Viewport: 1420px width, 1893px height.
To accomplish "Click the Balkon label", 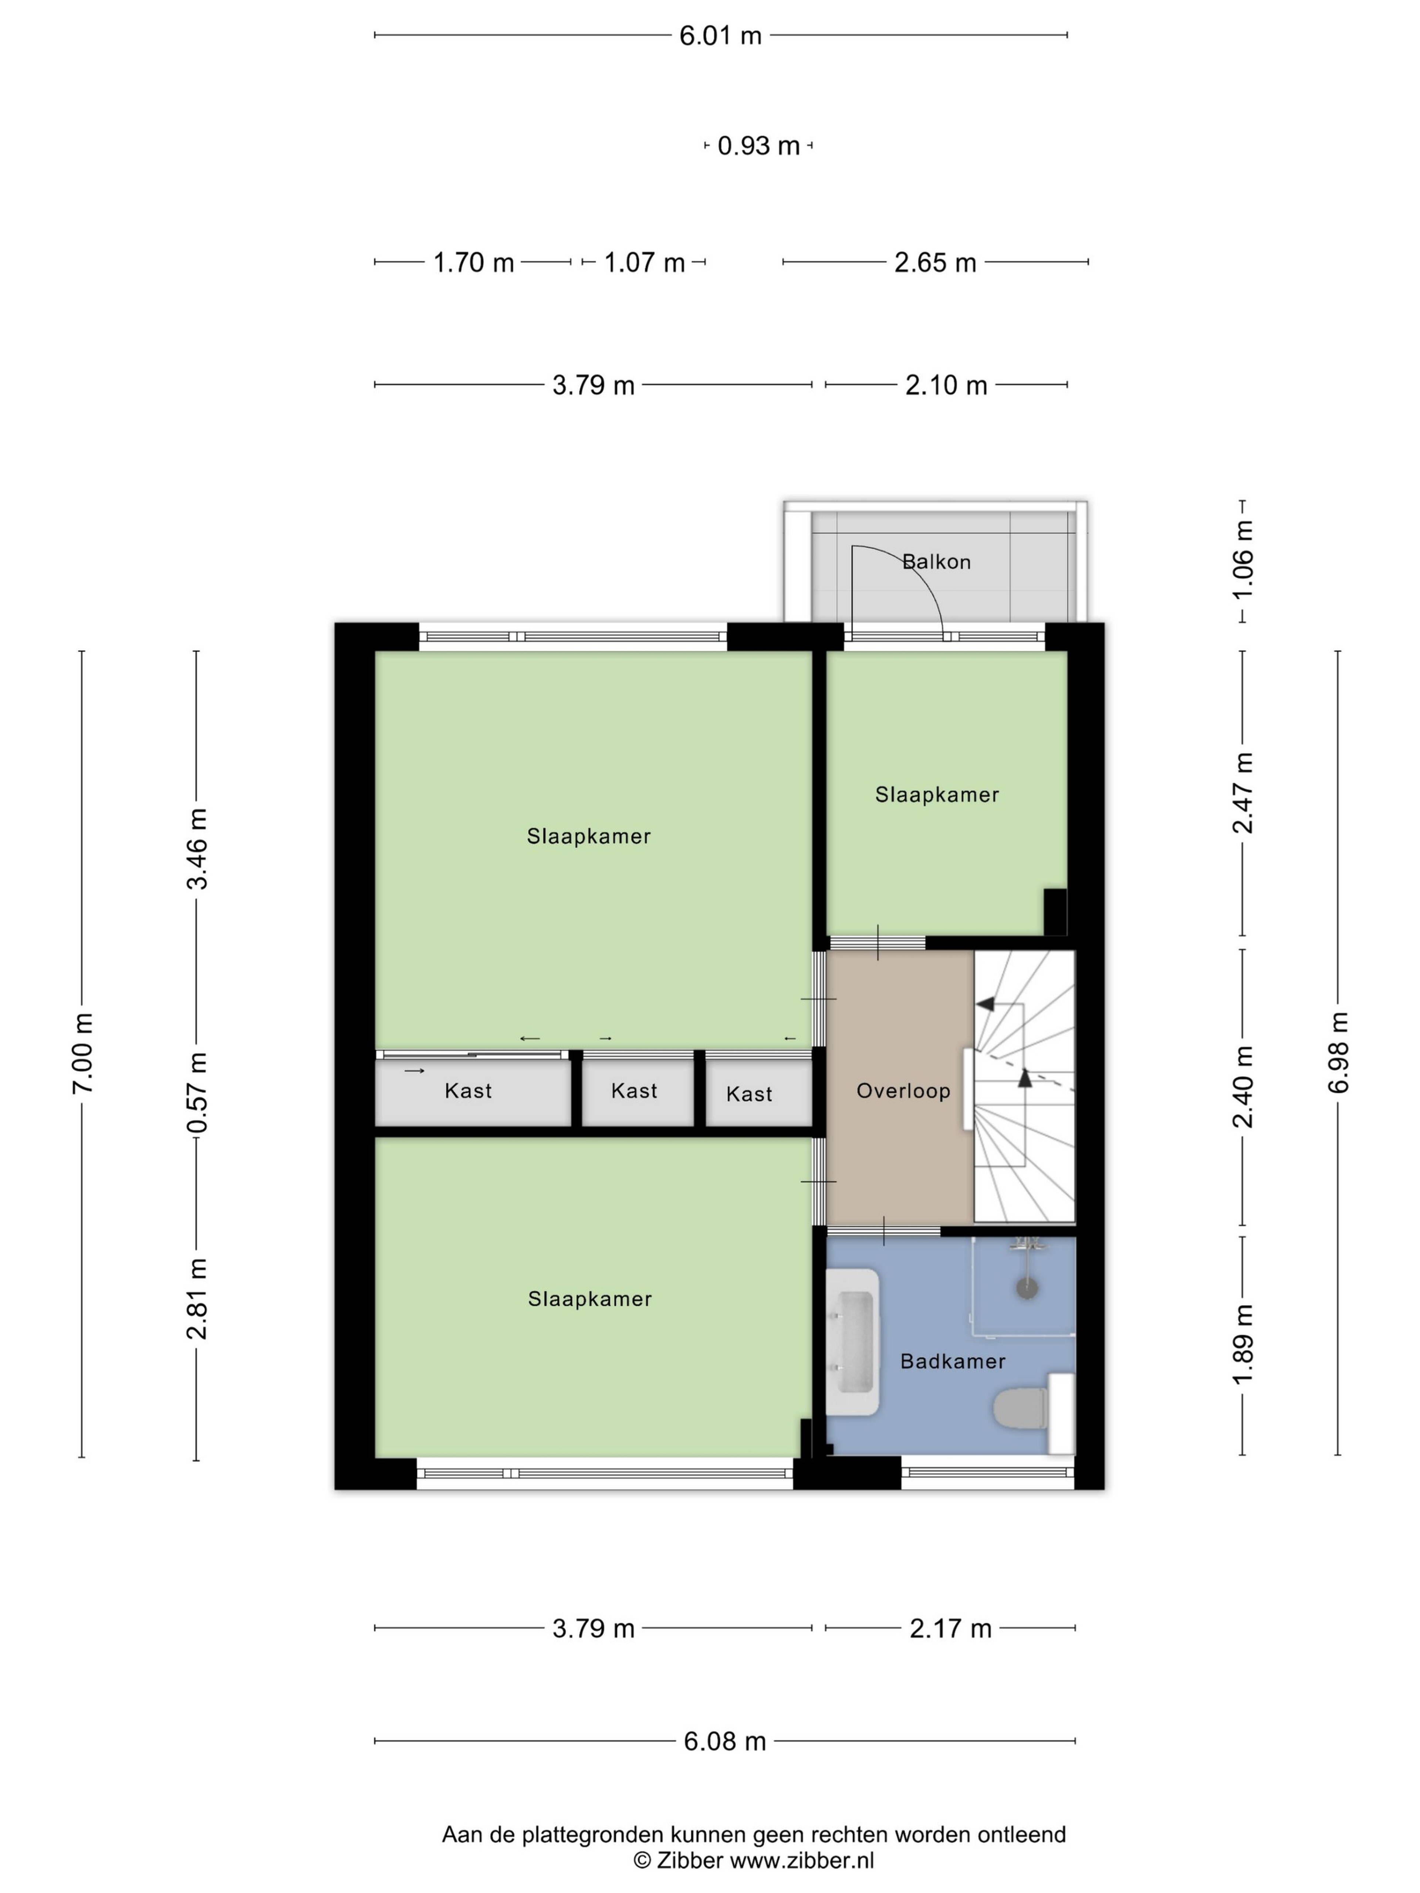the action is coord(936,562).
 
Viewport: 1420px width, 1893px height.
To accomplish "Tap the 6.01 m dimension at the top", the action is coord(720,36).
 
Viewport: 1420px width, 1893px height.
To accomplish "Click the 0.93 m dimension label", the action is coord(758,146).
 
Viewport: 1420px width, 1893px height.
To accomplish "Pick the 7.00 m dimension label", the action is coord(83,1053).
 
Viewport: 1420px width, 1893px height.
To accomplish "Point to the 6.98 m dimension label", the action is coord(1339,1053).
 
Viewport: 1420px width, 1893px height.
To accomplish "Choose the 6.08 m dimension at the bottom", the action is coord(724,1741).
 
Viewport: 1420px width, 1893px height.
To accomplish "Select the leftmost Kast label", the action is coord(468,1090).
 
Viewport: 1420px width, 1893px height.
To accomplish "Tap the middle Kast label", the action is coord(634,1090).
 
